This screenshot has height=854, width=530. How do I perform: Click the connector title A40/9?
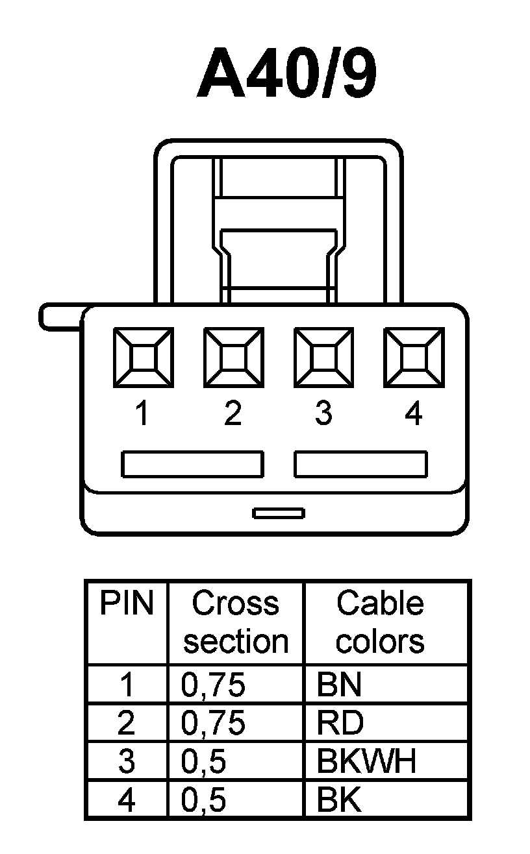[x=286, y=74]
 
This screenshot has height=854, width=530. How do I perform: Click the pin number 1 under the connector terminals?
[x=142, y=413]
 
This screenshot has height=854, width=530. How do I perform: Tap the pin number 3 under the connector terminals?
[x=323, y=413]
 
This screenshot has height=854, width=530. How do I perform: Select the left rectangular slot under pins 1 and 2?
[x=193, y=465]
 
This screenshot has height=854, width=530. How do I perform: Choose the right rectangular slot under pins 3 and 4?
[x=361, y=465]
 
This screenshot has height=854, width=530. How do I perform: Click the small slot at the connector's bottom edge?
[x=279, y=513]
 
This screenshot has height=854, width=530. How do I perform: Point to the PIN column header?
[x=127, y=604]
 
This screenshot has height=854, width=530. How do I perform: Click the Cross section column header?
[x=235, y=622]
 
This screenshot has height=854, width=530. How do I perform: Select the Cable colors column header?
[x=380, y=622]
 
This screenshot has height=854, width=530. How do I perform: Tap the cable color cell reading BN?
[x=339, y=685]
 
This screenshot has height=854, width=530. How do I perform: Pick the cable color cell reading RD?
[x=340, y=724]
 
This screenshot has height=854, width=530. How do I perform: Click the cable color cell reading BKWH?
[x=366, y=762]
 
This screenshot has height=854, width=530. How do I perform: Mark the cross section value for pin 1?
[x=214, y=685]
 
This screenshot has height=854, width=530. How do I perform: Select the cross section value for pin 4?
[x=204, y=801]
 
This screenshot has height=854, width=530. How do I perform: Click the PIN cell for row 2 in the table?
[x=127, y=724]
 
